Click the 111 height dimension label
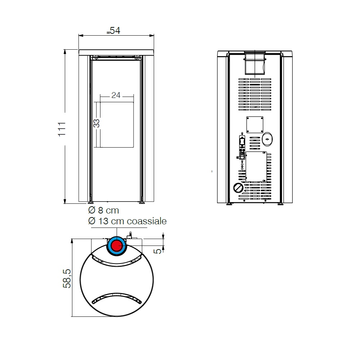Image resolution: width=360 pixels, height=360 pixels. (62, 129)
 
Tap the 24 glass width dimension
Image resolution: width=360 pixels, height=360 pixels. (116, 95)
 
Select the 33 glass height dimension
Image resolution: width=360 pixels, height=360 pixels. (96, 123)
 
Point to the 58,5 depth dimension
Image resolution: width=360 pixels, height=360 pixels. (67, 279)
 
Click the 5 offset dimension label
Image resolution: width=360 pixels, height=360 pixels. (157, 251)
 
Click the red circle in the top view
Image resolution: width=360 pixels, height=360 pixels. (117, 246)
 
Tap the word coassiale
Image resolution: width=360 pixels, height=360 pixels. (147, 221)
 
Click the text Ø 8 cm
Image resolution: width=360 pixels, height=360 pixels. (104, 210)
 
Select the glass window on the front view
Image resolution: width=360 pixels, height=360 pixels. (117, 125)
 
